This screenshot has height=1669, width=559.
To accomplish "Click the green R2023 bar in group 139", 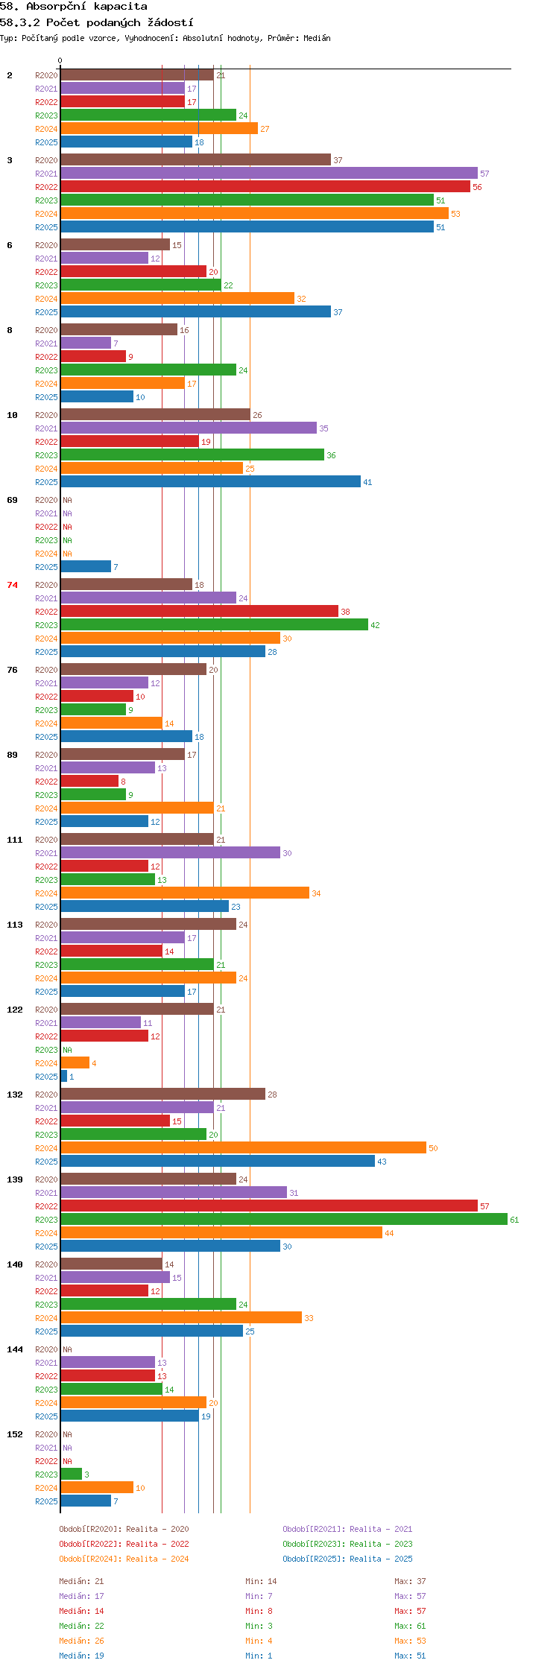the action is pyautogui.click(x=284, y=1219).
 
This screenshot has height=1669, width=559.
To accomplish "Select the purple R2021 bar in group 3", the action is pyautogui.click(x=269, y=173).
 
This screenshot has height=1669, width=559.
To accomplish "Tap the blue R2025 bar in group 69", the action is pyautogui.click(x=86, y=566).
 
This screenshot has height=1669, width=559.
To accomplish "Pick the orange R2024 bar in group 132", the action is pyautogui.click(x=243, y=1147).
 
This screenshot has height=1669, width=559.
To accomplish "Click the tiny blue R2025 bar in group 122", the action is pyautogui.click(x=64, y=1076).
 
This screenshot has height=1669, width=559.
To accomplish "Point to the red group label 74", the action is pyautogui.click(x=13, y=585).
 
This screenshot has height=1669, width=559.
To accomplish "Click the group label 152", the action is pyautogui.click(x=15, y=1434).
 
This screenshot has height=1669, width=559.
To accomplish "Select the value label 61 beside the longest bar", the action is pyautogui.click(x=514, y=1220).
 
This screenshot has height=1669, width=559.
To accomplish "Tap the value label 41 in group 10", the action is pyautogui.click(x=367, y=482).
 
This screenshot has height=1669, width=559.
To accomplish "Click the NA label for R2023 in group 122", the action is pyautogui.click(x=67, y=1050).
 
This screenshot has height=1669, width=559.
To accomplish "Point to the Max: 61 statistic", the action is pyautogui.click(x=410, y=1626).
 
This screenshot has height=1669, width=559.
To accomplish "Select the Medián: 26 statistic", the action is pyautogui.click(x=81, y=1641).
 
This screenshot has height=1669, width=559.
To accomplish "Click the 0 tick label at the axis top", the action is pyautogui.click(x=60, y=60).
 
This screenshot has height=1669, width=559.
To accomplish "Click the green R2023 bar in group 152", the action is pyautogui.click(x=71, y=1474).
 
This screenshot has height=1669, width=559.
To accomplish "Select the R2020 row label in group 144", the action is pyautogui.click(x=46, y=1349).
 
